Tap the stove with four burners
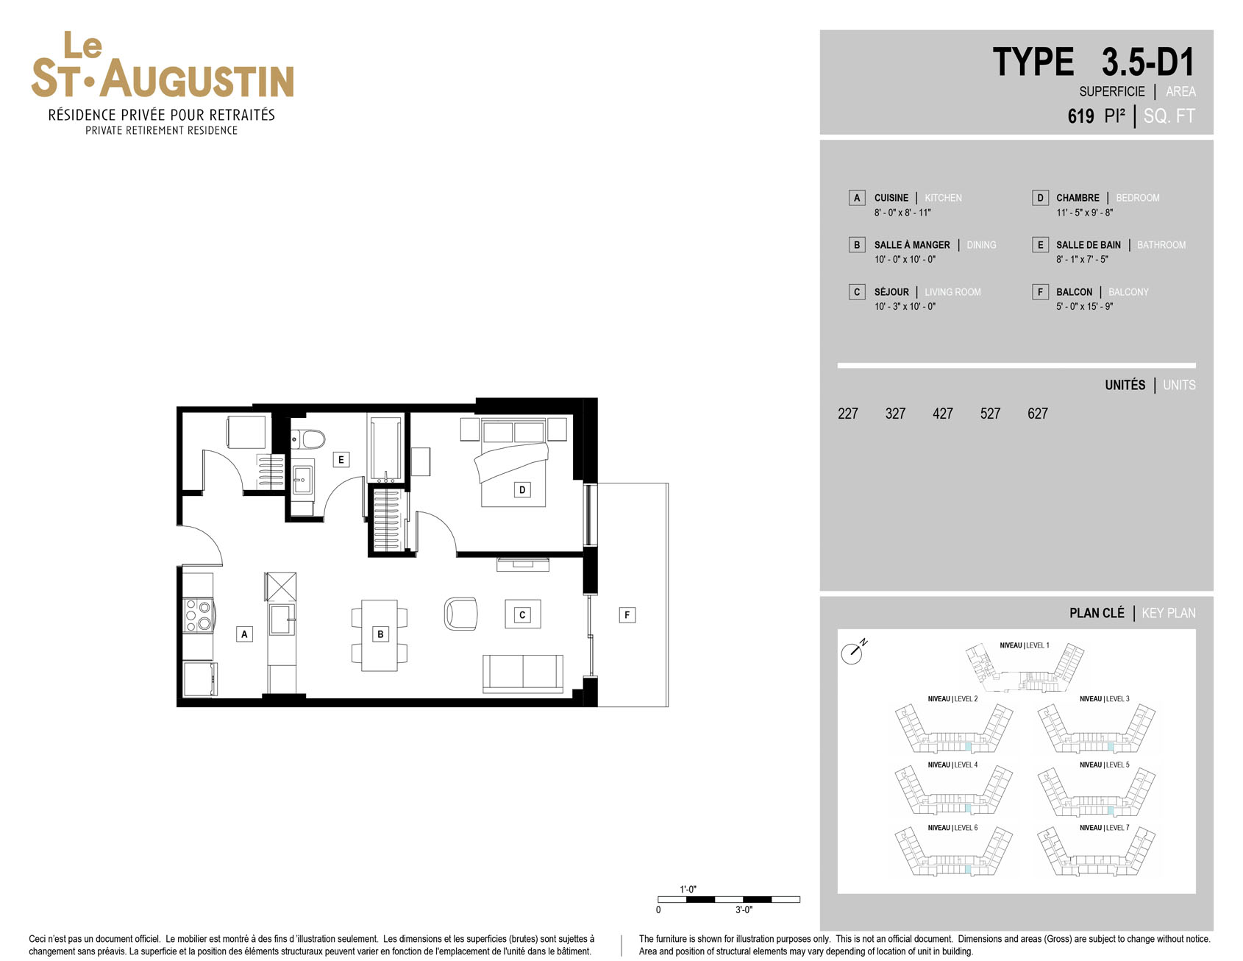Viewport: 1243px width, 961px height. tap(198, 616)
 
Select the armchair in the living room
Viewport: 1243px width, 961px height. tap(461, 614)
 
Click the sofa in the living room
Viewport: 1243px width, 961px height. tap(523, 673)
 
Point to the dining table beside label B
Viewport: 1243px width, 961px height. tap(380, 634)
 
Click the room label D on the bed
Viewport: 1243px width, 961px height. tap(522, 489)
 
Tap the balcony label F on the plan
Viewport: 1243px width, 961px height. tap(627, 614)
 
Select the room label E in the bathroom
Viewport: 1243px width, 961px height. tap(341, 459)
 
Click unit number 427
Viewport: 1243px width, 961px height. tap(942, 414)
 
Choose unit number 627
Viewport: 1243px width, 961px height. tap(1037, 414)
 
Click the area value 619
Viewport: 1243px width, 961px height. tap(1080, 116)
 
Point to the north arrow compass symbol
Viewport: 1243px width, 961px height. tap(853, 651)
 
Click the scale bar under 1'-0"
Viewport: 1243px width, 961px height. tap(728, 899)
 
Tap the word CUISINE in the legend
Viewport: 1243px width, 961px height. tap(891, 198)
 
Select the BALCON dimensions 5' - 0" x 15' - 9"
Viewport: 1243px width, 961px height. tap(1084, 306)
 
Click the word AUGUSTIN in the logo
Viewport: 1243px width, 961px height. tap(197, 79)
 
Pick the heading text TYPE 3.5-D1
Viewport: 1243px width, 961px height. tap(1093, 62)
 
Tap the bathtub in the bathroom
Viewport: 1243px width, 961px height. tap(386, 449)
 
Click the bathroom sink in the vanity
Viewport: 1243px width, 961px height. tap(302, 479)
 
